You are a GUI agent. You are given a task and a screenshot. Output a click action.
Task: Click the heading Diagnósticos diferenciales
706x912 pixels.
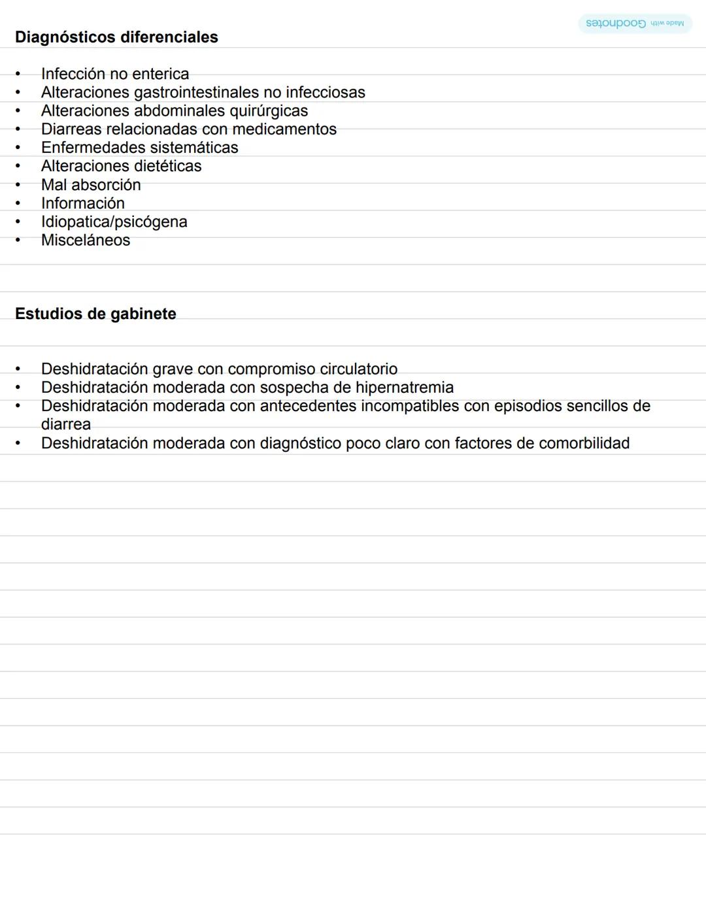(x=116, y=37)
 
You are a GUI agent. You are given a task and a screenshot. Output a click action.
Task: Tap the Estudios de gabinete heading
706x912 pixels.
(x=95, y=314)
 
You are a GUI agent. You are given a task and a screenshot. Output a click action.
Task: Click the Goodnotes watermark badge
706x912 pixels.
(x=634, y=24)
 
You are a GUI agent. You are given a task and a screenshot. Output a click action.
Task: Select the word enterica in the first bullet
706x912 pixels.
(x=160, y=74)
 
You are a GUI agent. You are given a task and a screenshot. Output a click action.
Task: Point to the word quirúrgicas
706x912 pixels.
(x=268, y=110)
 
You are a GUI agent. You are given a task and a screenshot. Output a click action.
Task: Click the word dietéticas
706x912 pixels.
(x=166, y=166)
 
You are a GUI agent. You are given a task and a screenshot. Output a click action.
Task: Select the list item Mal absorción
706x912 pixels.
(x=91, y=185)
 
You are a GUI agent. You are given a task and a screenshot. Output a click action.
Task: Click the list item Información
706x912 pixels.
(x=83, y=203)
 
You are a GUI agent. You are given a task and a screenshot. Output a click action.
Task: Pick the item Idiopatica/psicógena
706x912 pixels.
(x=114, y=222)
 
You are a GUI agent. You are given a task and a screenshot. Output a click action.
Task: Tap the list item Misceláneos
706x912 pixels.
(x=86, y=240)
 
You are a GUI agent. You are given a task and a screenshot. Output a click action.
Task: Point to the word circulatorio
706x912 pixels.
(x=358, y=369)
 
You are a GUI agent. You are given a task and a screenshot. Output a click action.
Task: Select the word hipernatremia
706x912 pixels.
(x=405, y=387)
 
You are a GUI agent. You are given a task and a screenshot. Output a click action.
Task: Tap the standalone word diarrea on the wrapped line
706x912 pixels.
(x=66, y=424)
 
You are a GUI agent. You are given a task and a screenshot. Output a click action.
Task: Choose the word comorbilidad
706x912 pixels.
(x=584, y=443)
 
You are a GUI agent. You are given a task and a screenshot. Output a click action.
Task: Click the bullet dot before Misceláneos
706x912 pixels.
(x=18, y=240)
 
